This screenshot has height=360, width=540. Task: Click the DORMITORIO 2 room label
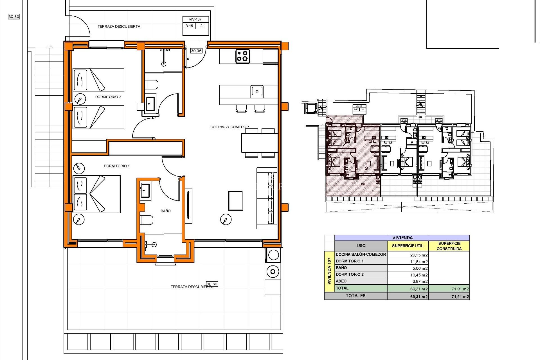(x=108, y=97)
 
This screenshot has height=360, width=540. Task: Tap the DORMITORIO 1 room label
(x=116, y=166)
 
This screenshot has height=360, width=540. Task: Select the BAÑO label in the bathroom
(x=165, y=211)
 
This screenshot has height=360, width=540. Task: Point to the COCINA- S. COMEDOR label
(x=229, y=127)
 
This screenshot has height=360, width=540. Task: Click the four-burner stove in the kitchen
(x=242, y=56)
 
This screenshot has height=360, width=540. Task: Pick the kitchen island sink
(x=257, y=91)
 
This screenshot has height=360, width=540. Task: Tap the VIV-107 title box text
(x=195, y=19)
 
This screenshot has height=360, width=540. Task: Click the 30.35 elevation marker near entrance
(x=196, y=51)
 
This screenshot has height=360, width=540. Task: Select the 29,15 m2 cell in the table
(x=419, y=255)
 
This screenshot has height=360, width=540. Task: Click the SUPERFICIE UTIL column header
(x=408, y=246)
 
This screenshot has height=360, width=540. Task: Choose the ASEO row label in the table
(x=341, y=281)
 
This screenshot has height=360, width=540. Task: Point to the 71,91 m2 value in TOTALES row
(x=460, y=296)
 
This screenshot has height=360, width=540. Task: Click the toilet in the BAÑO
(x=147, y=220)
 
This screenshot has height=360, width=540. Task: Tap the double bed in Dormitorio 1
(x=97, y=194)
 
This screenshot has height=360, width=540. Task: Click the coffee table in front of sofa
(x=235, y=201)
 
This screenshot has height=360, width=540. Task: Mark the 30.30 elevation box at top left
(x=14, y=17)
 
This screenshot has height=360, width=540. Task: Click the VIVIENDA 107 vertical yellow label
(x=329, y=271)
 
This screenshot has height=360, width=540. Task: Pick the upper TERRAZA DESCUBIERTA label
(x=119, y=26)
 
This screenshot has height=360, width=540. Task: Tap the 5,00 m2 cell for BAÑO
(x=420, y=268)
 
